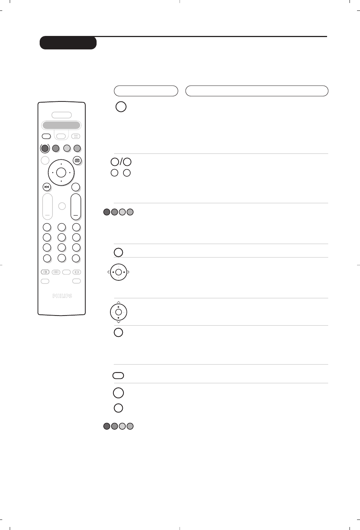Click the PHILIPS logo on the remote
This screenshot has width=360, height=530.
click(x=62, y=296)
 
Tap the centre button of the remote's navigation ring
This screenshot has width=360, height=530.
click(x=61, y=173)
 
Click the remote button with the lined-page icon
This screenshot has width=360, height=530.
click(x=77, y=160)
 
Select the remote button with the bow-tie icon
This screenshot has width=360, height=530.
click(x=46, y=187)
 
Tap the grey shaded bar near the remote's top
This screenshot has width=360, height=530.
click(x=61, y=125)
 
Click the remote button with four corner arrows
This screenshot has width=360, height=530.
click(x=76, y=136)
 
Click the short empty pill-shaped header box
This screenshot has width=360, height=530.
click(x=146, y=91)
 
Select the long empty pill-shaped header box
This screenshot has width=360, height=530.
click(x=257, y=91)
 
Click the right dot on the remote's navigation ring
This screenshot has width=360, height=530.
click(x=70, y=173)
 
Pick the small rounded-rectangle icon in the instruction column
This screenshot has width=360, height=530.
click(x=118, y=375)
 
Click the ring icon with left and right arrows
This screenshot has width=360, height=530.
click(x=119, y=272)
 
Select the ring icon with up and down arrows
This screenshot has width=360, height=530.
click(x=119, y=312)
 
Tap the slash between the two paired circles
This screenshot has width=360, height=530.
click(x=121, y=162)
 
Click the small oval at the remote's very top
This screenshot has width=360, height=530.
click(x=61, y=115)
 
